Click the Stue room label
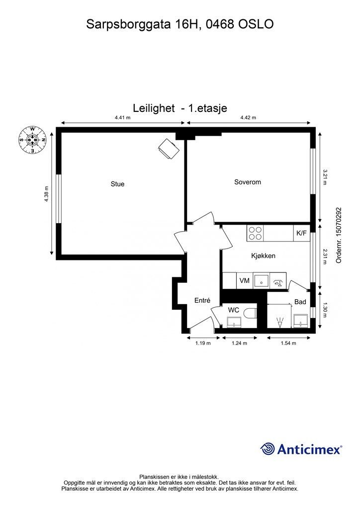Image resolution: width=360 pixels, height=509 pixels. click(117, 184)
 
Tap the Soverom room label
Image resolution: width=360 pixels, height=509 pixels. click(248, 182)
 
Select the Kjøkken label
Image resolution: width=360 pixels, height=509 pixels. click(263, 256)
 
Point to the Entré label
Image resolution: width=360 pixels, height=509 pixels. click(202, 301)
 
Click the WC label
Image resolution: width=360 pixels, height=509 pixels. click(233, 310)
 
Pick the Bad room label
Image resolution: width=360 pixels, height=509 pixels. click(300, 302)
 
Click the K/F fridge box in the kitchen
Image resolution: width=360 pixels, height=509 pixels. click(302, 234)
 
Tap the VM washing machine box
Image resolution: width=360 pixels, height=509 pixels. click(245, 280)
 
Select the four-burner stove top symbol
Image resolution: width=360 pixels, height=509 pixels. click(255, 234)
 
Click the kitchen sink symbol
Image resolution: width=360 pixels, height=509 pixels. click(262, 281)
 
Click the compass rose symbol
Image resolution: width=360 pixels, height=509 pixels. click(32, 140)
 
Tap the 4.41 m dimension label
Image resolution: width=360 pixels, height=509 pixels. click(122, 117)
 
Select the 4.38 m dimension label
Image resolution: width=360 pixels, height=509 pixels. click(46, 194)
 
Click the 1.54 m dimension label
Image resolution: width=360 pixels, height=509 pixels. click(288, 343)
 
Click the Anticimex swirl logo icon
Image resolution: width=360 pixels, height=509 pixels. click(268, 449)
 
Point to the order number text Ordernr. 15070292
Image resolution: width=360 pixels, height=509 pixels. click(339, 235)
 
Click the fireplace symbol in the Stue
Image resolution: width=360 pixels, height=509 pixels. click(169, 149)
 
